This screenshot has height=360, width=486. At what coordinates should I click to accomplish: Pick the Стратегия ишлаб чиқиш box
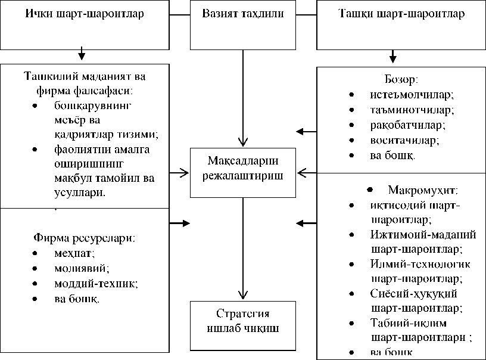(x=243, y=321)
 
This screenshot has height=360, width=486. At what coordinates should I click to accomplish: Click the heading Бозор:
(x=400, y=79)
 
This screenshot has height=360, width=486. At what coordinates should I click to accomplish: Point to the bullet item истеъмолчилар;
(x=403, y=94)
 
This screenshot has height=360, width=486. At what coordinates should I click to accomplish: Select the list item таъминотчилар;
(x=403, y=110)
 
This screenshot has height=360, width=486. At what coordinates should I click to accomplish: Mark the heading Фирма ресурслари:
(x=83, y=238)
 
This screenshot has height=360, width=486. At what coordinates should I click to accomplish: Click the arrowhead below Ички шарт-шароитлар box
(x=82, y=57)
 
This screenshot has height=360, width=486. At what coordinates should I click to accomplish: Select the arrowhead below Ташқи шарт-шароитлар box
(x=392, y=58)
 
